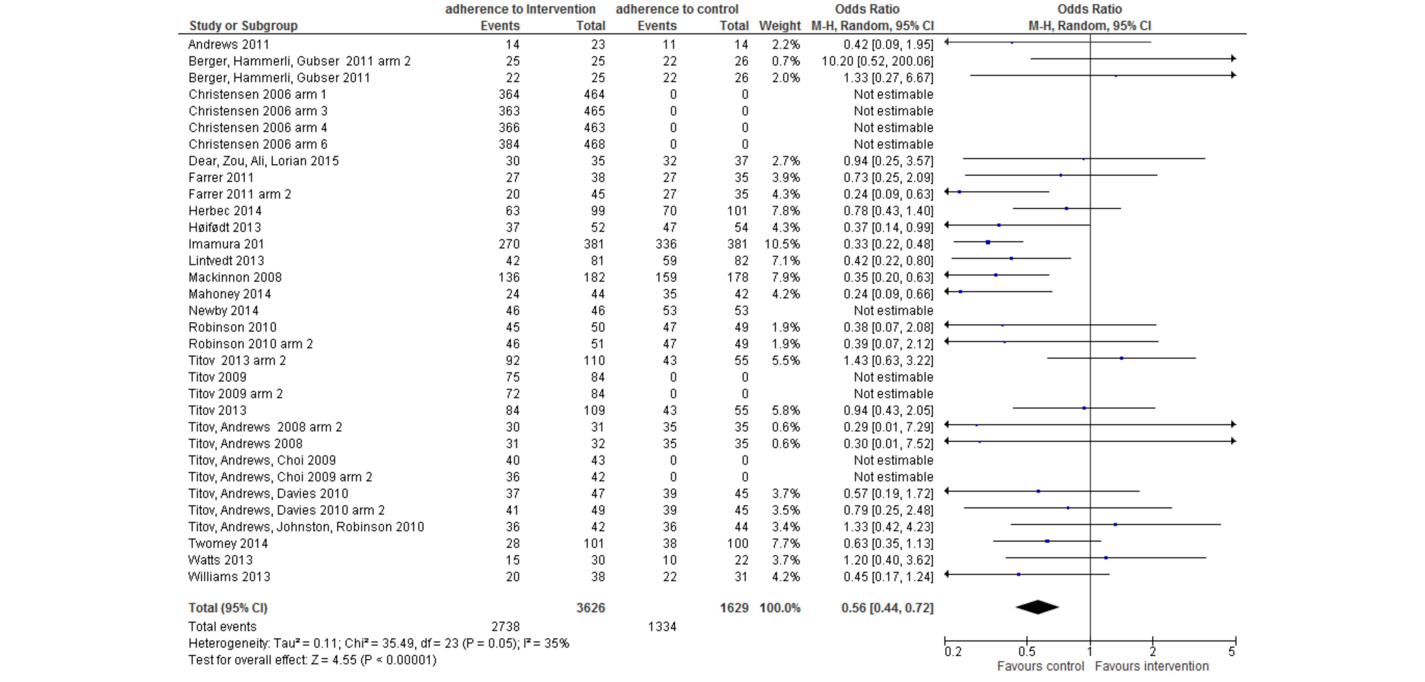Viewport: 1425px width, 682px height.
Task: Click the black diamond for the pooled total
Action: (1037, 607)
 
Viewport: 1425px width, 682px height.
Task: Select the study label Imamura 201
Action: (226, 244)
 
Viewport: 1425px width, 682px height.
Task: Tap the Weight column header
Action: (779, 26)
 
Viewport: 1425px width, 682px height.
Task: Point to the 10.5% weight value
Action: (786, 244)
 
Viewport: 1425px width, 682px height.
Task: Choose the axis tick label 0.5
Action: (1027, 652)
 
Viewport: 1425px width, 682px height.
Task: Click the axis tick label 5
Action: (1232, 652)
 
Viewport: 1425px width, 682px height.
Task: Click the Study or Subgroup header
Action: (243, 26)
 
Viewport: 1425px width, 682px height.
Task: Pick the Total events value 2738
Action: (506, 627)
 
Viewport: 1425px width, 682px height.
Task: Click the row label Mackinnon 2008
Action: (235, 277)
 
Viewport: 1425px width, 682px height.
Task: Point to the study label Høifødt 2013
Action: (224, 227)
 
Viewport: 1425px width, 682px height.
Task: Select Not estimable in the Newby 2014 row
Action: (893, 310)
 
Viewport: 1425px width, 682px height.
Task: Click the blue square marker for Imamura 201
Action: (988, 242)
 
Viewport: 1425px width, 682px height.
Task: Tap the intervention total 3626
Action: (591, 608)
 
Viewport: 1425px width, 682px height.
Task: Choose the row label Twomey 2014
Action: (228, 543)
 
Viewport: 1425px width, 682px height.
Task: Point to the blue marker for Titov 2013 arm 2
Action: (1121, 358)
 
